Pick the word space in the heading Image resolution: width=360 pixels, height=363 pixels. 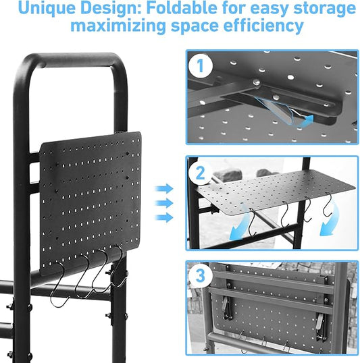[190, 28]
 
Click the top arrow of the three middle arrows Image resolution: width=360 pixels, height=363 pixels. [163, 189]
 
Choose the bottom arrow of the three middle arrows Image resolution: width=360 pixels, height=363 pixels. [163, 216]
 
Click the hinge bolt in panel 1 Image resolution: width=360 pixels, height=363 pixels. [257, 83]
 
